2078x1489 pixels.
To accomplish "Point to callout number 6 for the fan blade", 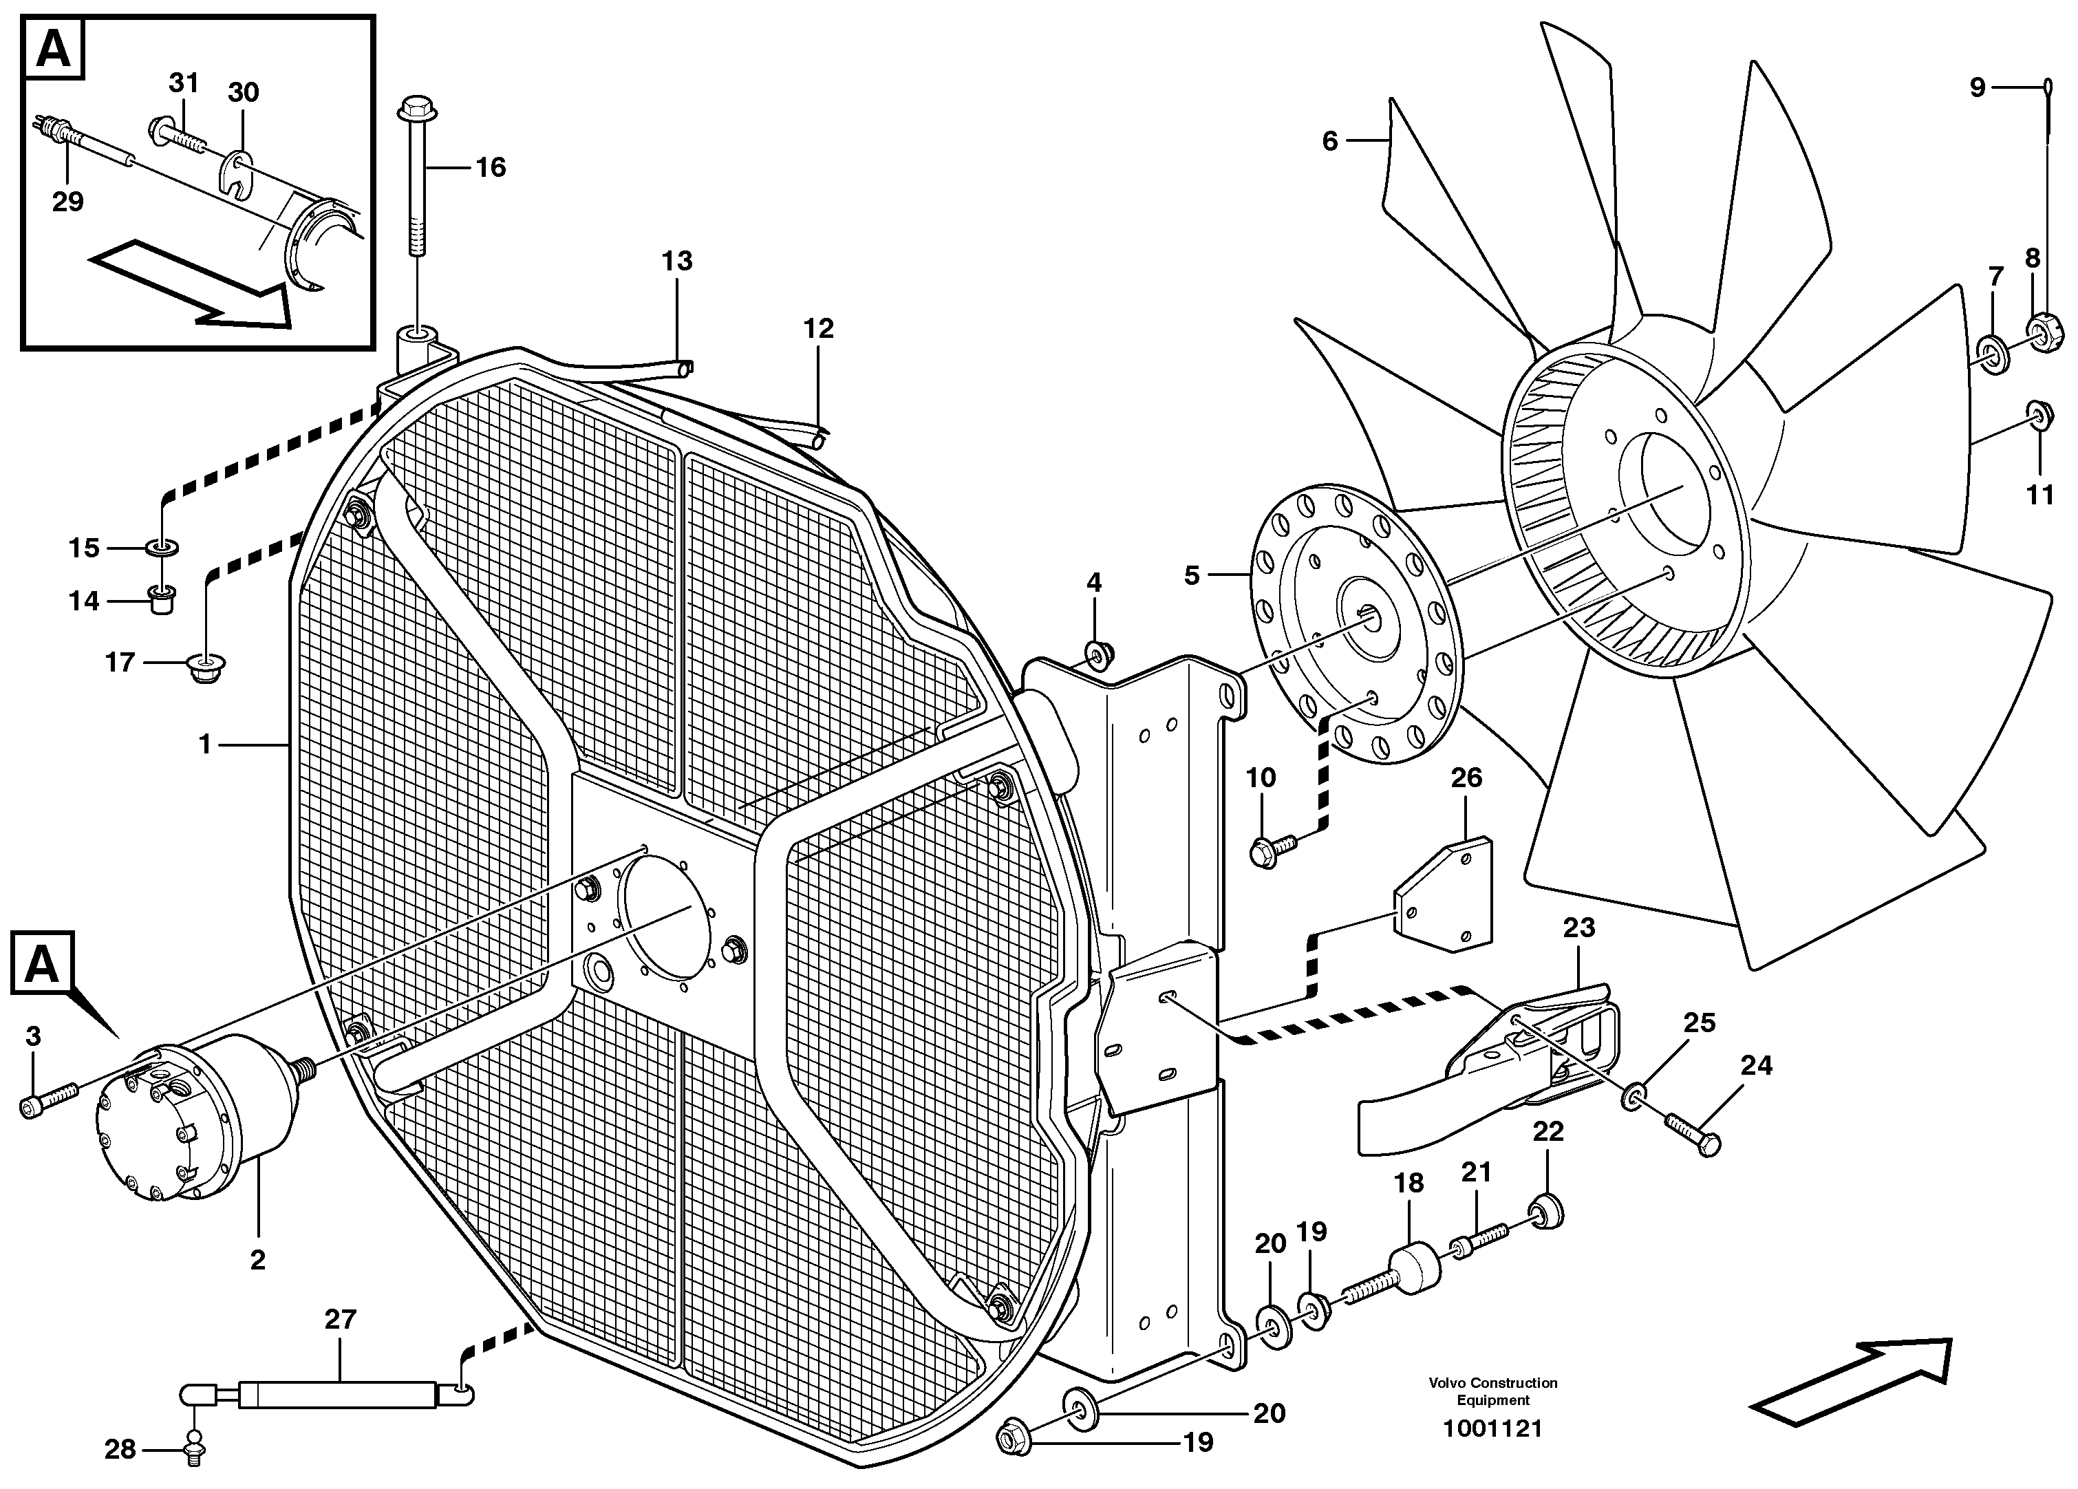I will click(1329, 141).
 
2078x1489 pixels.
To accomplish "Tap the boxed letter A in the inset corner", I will click(53, 50).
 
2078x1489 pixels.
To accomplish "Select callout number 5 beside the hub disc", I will click(1191, 577).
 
